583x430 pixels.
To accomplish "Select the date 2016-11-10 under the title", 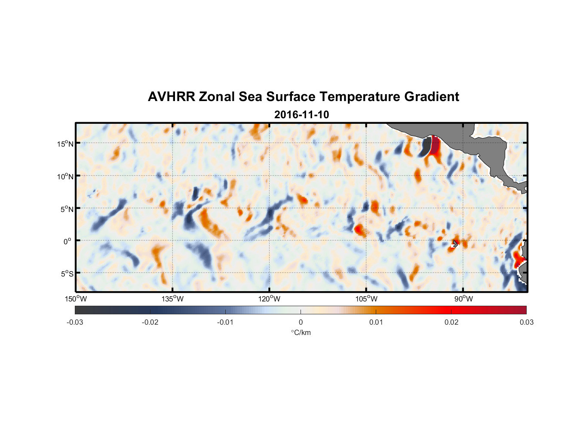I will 301,115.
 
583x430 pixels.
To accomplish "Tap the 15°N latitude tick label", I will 65,144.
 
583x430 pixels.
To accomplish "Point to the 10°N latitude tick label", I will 65,176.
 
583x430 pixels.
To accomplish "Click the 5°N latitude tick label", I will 67,209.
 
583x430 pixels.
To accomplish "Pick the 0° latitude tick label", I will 68,241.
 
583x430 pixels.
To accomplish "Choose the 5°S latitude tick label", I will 67,274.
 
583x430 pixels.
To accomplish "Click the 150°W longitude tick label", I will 76,299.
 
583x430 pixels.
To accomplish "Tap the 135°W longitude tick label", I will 172,299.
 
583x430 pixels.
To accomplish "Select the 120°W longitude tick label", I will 269,299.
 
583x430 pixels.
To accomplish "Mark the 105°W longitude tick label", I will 366,299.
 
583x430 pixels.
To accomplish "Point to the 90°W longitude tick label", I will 463,299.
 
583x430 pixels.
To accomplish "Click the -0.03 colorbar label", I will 75,322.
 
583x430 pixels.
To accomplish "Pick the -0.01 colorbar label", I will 225,322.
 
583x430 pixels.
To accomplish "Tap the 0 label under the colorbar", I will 301,322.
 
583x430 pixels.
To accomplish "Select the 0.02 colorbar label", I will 451,322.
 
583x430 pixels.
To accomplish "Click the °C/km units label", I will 301,332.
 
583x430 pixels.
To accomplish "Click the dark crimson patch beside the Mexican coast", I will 435,146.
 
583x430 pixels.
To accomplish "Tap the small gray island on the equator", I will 455,243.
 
